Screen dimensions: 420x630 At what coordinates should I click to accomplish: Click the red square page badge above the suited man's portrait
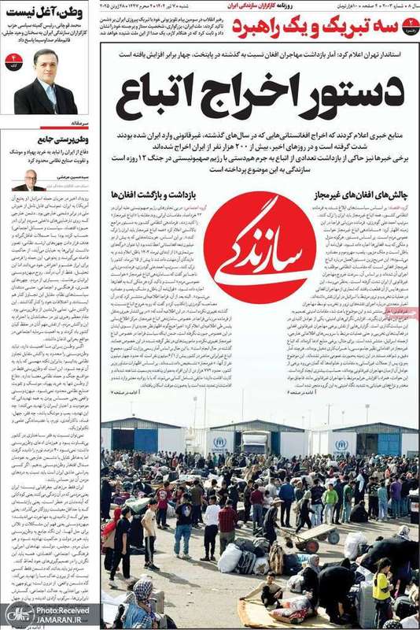pyautogui.click(x=13, y=60)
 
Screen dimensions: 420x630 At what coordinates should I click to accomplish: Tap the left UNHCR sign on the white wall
pyautogui.click(x=219, y=443)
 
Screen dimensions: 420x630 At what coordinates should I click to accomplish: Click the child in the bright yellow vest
pyautogui.click(x=382, y=584)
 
